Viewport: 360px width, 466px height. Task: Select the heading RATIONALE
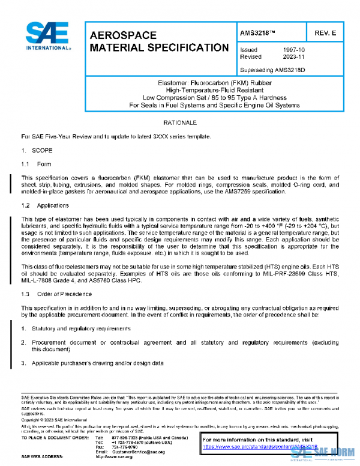pyautogui.click(x=179, y=123)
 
